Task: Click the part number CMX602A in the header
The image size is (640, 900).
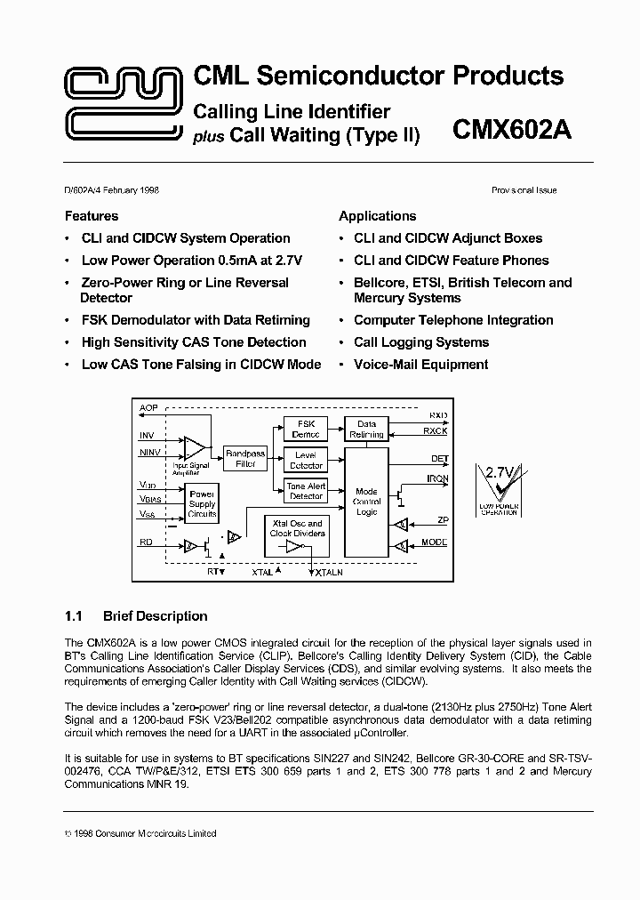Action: pyautogui.click(x=512, y=132)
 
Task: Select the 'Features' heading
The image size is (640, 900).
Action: pyautogui.click(x=92, y=216)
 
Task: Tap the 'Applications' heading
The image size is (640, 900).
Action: pyautogui.click(x=378, y=216)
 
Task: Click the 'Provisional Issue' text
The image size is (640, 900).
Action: pyautogui.click(x=524, y=190)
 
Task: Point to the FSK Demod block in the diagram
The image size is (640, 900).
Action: pyautogui.click(x=306, y=429)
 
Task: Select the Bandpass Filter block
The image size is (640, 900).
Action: pyautogui.click(x=245, y=458)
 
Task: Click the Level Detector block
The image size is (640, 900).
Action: pyautogui.click(x=306, y=460)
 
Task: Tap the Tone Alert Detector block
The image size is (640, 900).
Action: pyautogui.click(x=306, y=491)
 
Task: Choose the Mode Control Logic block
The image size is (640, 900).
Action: pyautogui.click(x=366, y=502)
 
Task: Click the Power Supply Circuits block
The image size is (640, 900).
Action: pyautogui.click(x=202, y=503)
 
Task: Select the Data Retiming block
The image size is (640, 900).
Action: pyautogui.click(x=366, y=429)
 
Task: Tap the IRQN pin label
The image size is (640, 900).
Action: pyautogui.click(x=437, y=479)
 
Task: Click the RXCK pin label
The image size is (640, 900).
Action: pyautogui.click(x=436, y=431)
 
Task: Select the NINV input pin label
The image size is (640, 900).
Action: pyautogui.click(x=150, y=453)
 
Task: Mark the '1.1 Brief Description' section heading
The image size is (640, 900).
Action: pyautogui.click(x=136, y=615)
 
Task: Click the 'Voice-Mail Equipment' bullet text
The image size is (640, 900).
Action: pyautogui.click(x=420, y=364)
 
